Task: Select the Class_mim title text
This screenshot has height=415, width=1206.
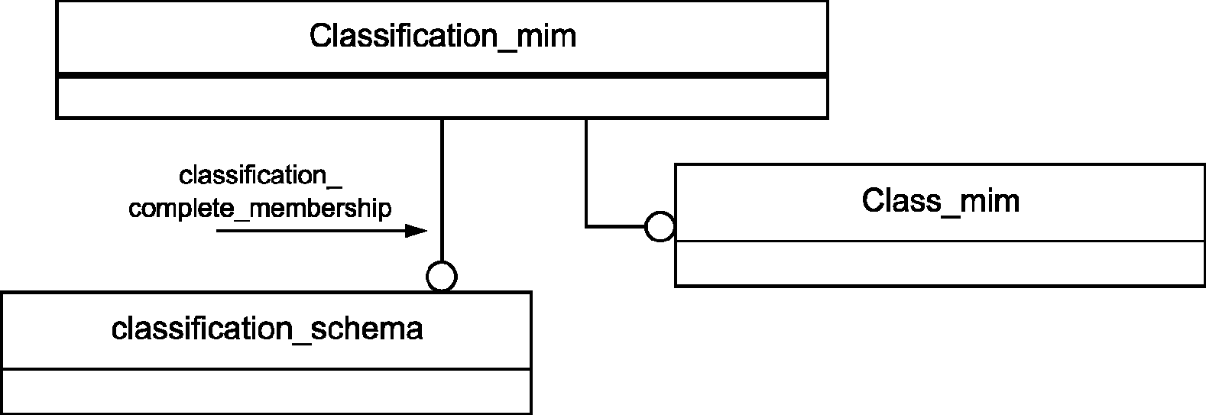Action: click(941, 201)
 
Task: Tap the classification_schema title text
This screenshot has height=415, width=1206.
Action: click(267, 329)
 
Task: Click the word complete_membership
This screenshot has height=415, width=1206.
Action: click(260, 209)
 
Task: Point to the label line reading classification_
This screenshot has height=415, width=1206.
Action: click(260, 176)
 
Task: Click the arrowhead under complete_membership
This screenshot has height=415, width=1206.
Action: click(417, 231)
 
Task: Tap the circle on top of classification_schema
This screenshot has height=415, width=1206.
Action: click(442, 277)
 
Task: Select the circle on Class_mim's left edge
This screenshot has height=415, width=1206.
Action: click(660, 227)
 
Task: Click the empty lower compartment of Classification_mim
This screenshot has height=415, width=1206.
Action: click(442, 97)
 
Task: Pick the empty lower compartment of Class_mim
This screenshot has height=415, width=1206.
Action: click(939, 263)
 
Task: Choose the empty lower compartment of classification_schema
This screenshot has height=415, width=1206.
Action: click(267, 391)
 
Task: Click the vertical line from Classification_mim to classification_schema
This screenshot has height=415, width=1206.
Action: click(442, 190)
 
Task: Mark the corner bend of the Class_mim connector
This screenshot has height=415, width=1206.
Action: click(586, 227)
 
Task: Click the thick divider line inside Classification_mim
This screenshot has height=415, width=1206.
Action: click(442, 76)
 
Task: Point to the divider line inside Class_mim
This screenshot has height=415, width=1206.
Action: click(939, 241)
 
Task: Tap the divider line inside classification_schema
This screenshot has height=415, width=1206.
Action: click(267, 369)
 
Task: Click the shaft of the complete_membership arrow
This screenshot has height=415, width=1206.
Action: click(311, 231)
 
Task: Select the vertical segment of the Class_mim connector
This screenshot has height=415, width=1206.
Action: click(586, 172)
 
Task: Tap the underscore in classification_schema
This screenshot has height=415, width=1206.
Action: click(301, 342)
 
